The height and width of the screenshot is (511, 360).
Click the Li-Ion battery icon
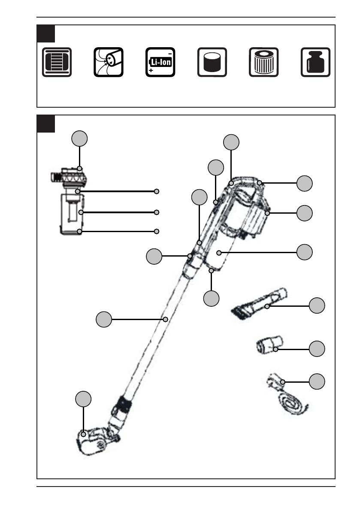160,62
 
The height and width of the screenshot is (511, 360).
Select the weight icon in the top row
315,62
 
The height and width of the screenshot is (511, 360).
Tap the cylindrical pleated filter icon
263,62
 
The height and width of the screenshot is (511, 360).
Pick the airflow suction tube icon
109,62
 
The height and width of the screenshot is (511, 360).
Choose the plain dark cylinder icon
212,62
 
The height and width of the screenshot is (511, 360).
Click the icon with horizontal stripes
57,62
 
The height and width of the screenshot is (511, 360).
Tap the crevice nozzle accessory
259,304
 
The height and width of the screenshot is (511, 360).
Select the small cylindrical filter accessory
269,345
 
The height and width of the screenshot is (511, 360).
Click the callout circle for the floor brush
83,399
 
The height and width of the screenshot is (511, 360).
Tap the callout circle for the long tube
104,319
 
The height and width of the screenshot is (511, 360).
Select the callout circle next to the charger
317,381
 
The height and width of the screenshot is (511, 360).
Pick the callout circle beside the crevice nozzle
317,305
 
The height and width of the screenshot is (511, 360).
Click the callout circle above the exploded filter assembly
79,139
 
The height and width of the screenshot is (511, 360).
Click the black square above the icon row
45,33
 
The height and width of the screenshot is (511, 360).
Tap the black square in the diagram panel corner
45,124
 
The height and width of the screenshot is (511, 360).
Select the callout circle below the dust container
211,299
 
